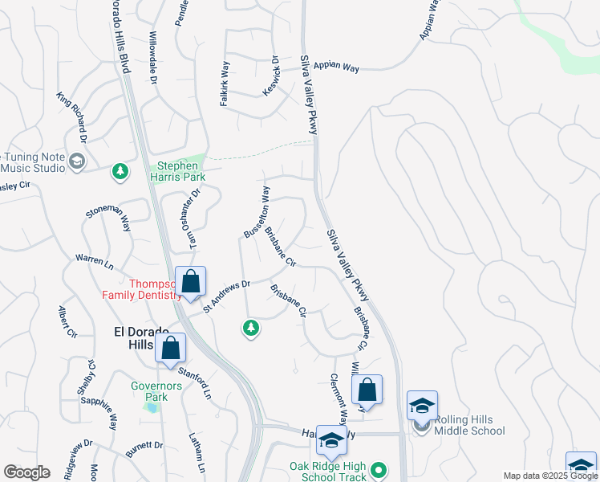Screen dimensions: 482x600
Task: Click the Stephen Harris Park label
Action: click(x=177, y=171)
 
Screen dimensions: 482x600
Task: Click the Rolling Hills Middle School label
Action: click(x=469, y=426)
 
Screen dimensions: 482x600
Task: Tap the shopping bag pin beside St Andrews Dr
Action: click(x=191, y=283)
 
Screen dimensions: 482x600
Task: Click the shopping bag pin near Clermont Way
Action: click(x=367, y=390)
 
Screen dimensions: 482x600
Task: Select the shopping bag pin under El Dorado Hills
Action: click(x=170, y=349)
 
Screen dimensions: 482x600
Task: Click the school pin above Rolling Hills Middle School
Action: click(x=422, y=406)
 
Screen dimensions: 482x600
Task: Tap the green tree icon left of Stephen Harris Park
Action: click(x=120, y=170)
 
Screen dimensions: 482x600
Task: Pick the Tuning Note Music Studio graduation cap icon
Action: click(x=77, y=162)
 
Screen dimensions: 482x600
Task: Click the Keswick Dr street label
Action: click(x=270, y=76)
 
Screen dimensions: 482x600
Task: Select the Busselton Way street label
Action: click(x=257, y=211)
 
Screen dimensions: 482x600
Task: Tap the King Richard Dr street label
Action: click(x=71, y=112)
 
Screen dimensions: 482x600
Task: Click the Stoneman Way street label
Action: click(x=108, y=218)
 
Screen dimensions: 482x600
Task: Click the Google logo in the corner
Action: click(x=26, y=472)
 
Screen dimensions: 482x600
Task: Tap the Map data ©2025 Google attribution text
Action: click(x=549, y=476)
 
